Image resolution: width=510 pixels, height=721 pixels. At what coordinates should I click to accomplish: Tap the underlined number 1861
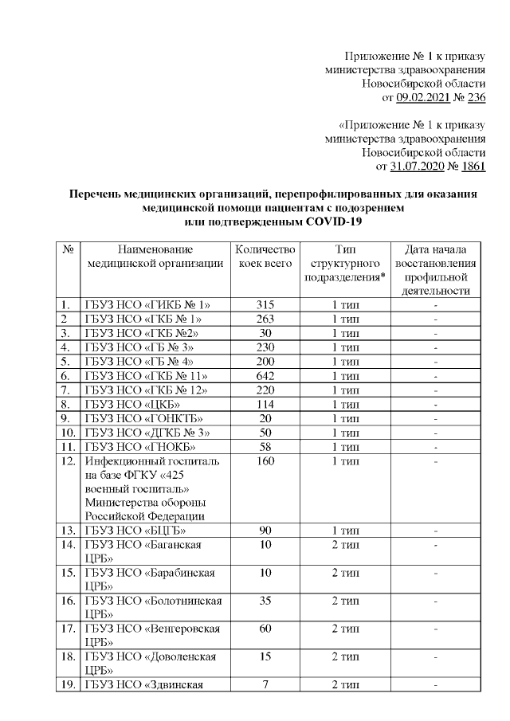point(473,167)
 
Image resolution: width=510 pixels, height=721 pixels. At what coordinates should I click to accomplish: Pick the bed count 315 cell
point(266,304)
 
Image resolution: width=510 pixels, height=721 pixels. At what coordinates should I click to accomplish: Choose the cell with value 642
point(266,376)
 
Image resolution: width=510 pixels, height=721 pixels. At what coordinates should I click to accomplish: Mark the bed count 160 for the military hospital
point(266,462)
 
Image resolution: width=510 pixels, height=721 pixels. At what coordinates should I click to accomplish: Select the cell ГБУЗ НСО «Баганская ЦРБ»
point(154,551)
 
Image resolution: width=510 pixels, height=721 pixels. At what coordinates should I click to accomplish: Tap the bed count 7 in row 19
point(266,686)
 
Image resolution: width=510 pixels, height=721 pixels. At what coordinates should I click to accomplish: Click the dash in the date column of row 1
point(436,304)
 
